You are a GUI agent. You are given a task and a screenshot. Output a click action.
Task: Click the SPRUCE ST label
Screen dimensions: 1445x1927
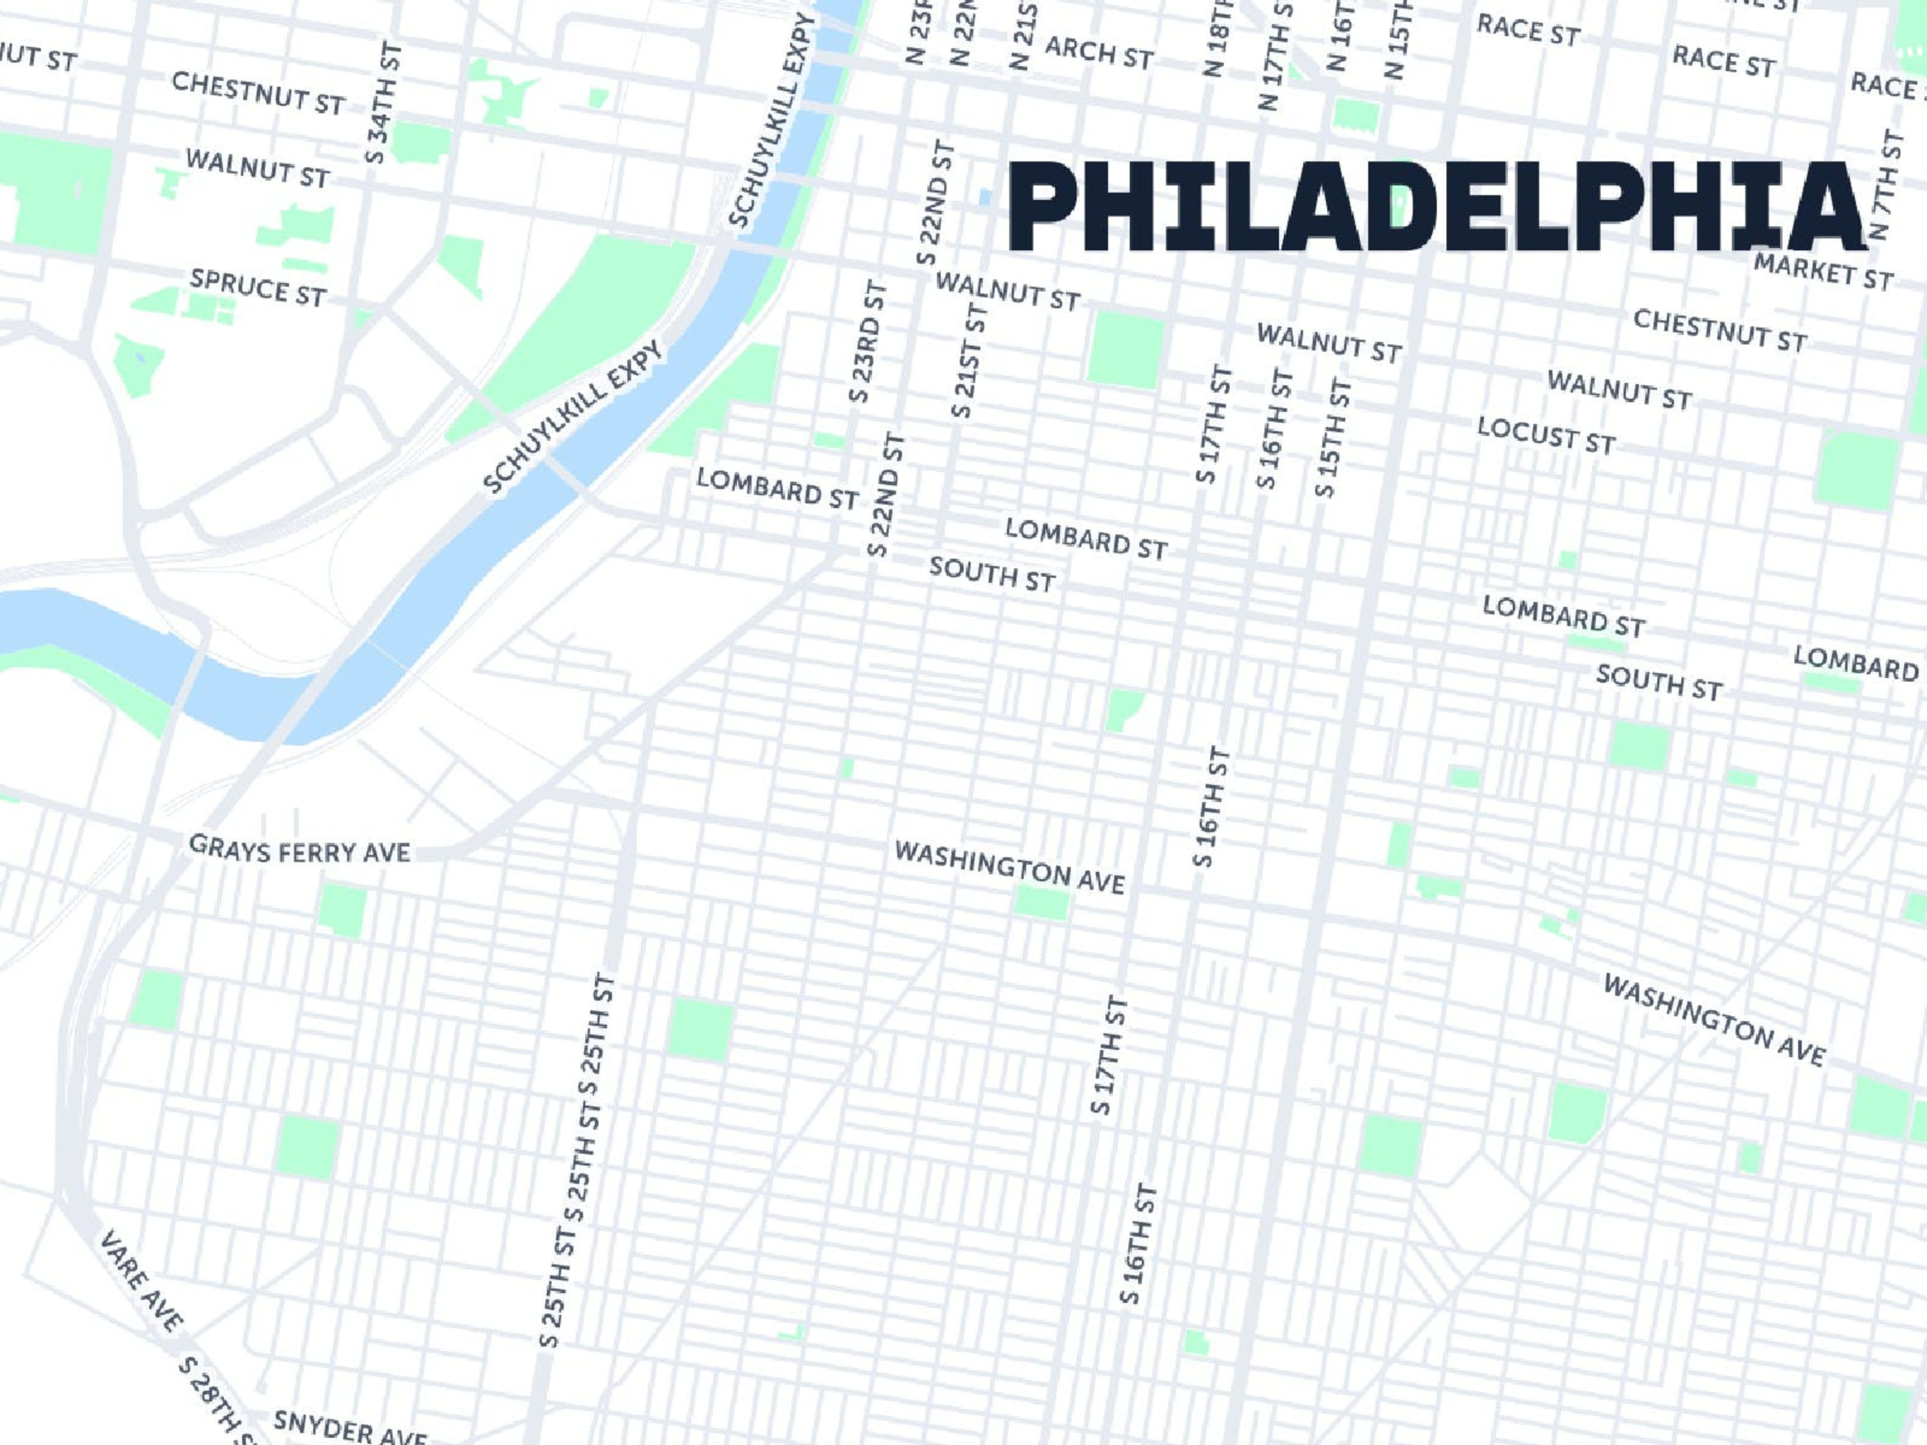258,287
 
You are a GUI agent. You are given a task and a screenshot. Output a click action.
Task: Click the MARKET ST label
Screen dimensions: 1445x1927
1823,272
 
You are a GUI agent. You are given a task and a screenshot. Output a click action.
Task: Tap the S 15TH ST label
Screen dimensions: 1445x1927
1333,438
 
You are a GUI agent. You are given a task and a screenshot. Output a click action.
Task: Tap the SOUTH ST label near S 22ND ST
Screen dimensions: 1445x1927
992,574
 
